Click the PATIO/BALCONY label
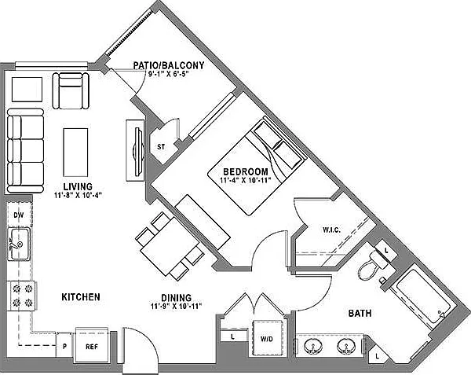(x=169, y=65)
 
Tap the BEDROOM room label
(x=246, y=171)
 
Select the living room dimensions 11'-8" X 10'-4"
(x=78, y=195)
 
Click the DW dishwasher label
(x=19, y=215)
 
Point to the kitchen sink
(x=19, y=244)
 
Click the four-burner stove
(x=22, y=296)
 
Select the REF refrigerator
(x=92, y=345)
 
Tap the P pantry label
(x=64, y=347)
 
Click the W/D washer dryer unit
(x=267, y=338)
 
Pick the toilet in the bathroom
(x=372, y=264)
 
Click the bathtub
(x=423, y=298)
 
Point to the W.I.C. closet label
(x=331, y=230)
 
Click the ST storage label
(x=161, y=147)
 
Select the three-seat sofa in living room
(x=25, y=151)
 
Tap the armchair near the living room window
(x=71, y=90)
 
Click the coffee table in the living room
(x=75, y=153)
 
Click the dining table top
(x=170, y=246)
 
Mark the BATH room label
(x=360, y=314)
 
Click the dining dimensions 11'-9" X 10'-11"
(x=176, y=307)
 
